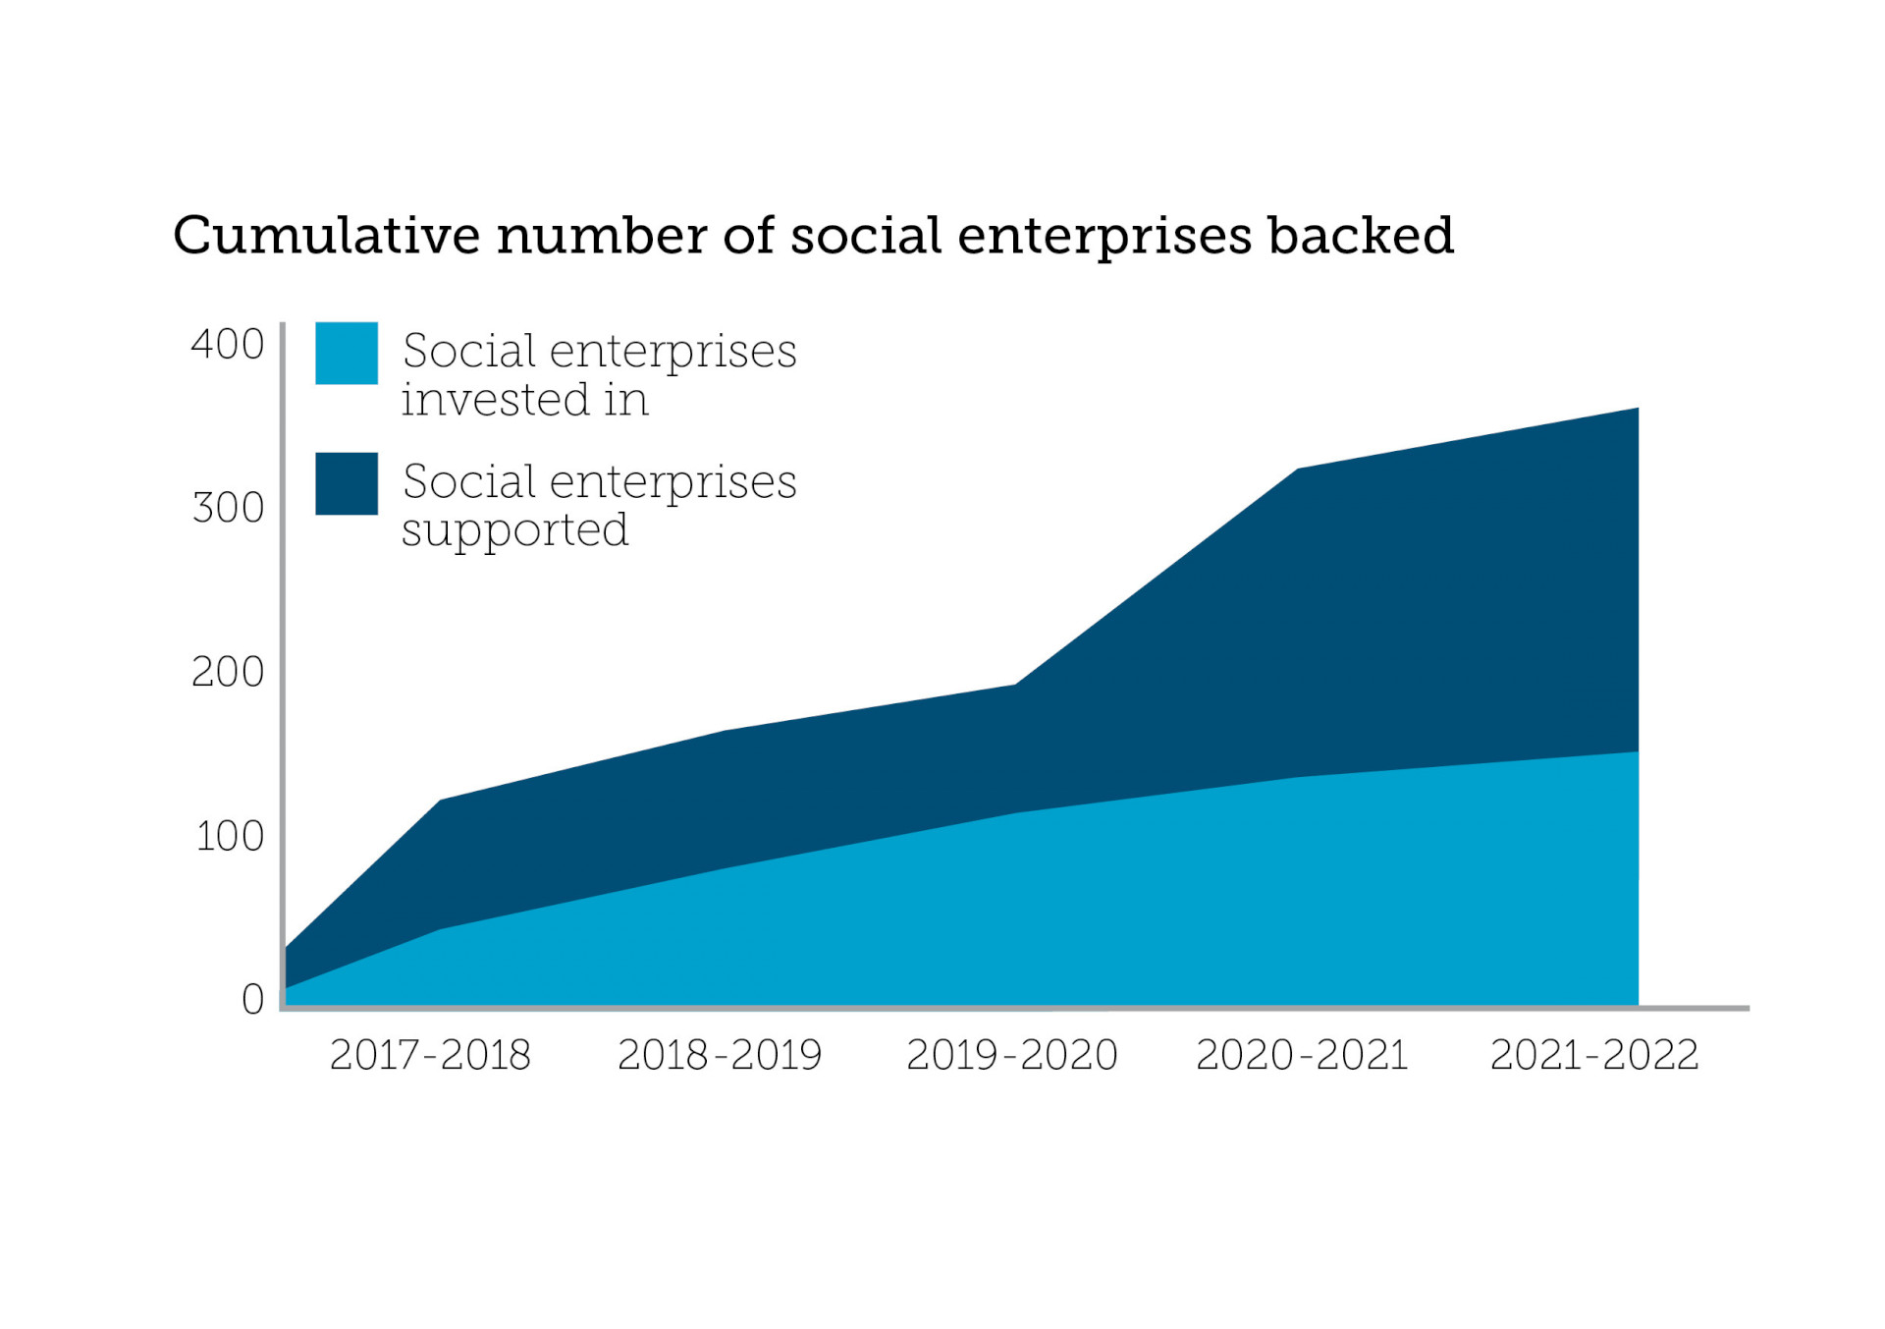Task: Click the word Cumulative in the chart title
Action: click(326, 236)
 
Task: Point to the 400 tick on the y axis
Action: click(228, 345)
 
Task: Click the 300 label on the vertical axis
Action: click(228, 508)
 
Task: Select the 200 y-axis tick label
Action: click(228, 672)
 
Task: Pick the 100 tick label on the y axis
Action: click(230, 836)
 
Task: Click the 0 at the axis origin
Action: click(252, 999)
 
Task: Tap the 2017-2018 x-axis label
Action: click(430, 1055)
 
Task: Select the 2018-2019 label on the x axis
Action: click(719, 1055)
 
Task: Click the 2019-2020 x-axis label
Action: click(1011, 1055)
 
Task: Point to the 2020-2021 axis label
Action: click(1302, 1055)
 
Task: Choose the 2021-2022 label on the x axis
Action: click(1594, 1055)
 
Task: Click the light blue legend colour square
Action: click(347, 353)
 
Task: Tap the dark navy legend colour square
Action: click(347, 483)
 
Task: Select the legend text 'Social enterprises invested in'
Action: click(599, 374)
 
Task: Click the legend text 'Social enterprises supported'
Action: click(599, 505)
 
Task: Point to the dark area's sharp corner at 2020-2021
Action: click(1298, 470)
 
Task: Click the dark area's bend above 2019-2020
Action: click(1015, 685)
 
